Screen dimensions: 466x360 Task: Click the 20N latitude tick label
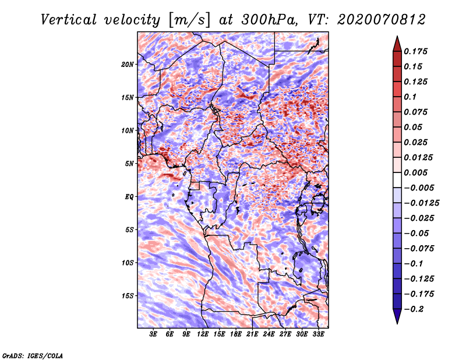pyautogui.click(x=128, y=65)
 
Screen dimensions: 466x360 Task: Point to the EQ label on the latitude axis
pyautogui.click(x=129, y=197)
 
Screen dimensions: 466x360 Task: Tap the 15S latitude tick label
pyautogui.click(x=128, y=296)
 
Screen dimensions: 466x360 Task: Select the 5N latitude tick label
pyautogui.click(x=129, y=164)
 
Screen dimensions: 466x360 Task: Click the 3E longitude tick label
pyautogui.click(x=153, y=334)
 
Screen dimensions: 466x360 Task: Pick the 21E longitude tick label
pyautogui.click(x=252, y=334)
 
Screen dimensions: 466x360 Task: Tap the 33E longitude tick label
pyautogui.click(x=318, y=334)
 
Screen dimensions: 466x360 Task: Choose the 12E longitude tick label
pyautogui.click(x=203, y=334)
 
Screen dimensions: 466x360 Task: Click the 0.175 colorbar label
pyautogui.click(x=415, y=51)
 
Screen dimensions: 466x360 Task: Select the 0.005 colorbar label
pyautogui.click(x=415, y=172)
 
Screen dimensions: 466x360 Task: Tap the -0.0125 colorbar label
pyautogui.click(x=422, y=203)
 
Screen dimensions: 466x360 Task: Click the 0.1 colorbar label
pyautogui.click(x=410, y=97)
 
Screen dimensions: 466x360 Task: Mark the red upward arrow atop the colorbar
pyautogui.click(x=397, y=44)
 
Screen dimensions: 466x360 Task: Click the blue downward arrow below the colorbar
pyautogui.click(x=397, y=316)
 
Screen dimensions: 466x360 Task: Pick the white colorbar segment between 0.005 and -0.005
pyautogui.click(x=397, y=180)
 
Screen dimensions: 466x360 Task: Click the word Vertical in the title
pyautogui.click(x=69, y=20)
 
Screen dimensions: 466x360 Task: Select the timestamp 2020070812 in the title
pyautogui.click(x=382, y=20)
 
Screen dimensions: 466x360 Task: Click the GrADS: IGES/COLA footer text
pyautogui.click(x=33, y=355)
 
